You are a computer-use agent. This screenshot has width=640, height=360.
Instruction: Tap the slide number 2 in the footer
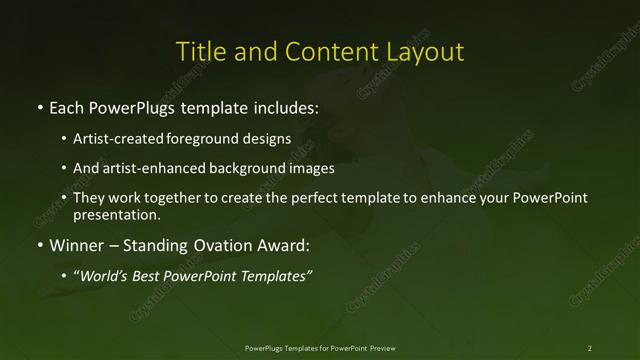(589, 347)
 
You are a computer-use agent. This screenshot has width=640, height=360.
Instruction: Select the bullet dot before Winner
(39, 244)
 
